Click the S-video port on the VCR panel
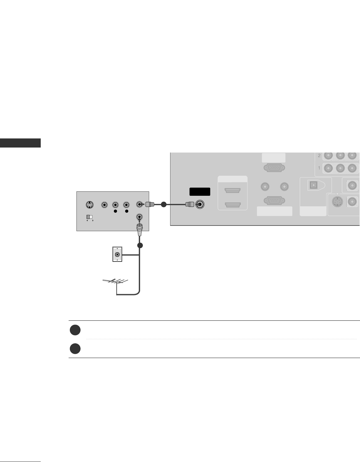(x=90, y=205)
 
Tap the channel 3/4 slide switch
(x=90, y=216)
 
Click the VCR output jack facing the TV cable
(x=140, y=205)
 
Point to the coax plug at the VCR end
(x=149, y=205)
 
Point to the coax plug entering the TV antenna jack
(x=190, y=205)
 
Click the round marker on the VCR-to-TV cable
(x=163, y=205)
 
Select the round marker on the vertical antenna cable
(x=140, y=245)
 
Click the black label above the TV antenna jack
(x=200, y=192)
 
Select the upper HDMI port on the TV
(x=232, y=190)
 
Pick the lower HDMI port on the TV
(x=232, y=205)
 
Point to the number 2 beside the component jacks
(x=319, y=156)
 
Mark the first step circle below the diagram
(x=75, y=330)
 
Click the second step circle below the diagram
(x=75, y=349)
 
